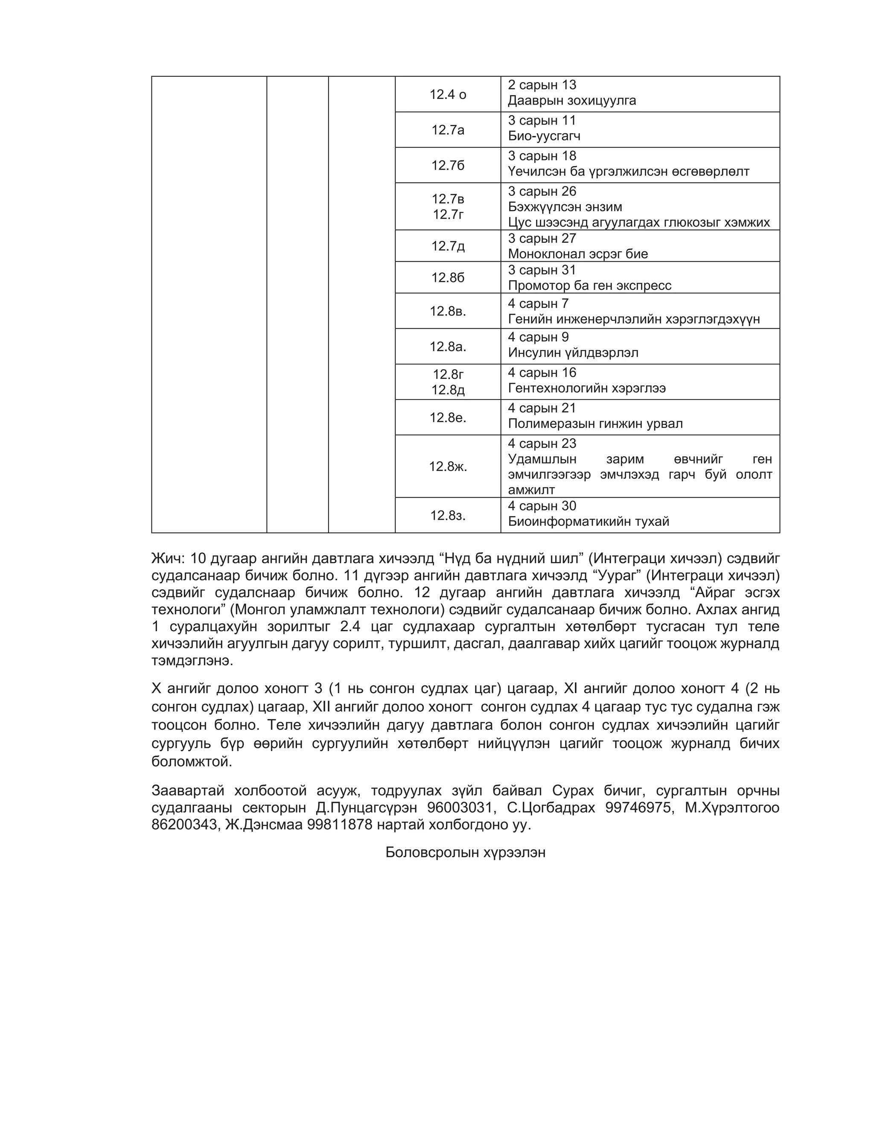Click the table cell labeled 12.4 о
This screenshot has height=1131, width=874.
click(448, 94)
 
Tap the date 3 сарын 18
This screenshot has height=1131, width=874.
click(542, 156)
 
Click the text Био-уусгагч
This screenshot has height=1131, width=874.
click(544, 136)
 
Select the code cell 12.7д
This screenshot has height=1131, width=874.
click(448, 246)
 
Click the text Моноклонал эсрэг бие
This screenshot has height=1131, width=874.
click(577, 254)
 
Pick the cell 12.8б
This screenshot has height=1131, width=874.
click(448, 277)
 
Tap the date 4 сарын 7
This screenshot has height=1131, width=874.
click(538, 303)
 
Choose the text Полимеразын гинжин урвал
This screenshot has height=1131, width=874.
click(595, 424)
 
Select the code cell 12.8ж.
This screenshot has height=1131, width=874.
click(448, 466)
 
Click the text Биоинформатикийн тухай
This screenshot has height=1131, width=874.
click(588, 522)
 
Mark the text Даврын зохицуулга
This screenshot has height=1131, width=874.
click(571, 100)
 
